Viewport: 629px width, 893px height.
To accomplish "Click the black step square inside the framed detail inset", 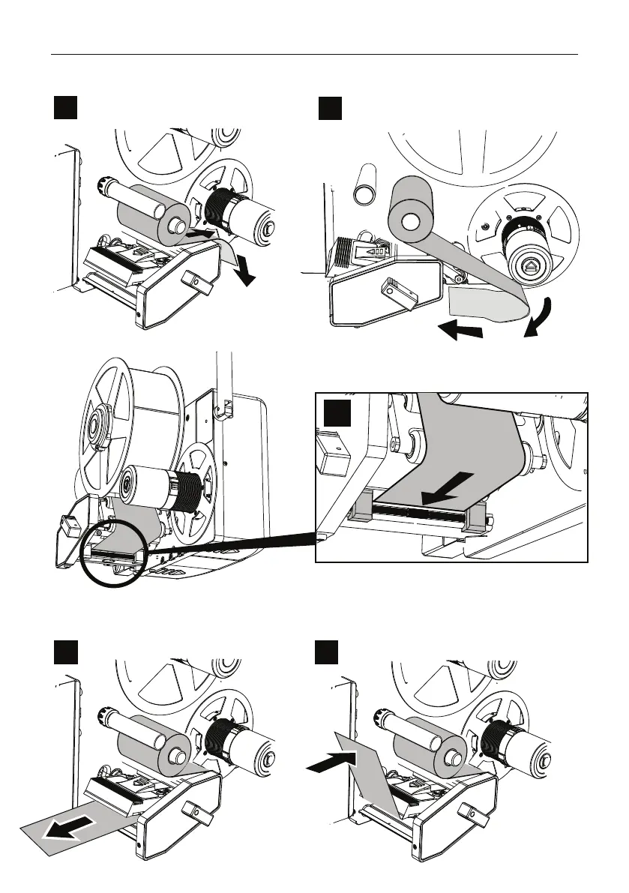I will [337, 415].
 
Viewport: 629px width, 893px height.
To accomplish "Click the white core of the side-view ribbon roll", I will [409, 223].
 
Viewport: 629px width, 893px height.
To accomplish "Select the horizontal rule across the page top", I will [314, 54].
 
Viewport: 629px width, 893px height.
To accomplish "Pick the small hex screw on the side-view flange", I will [487, 225].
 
